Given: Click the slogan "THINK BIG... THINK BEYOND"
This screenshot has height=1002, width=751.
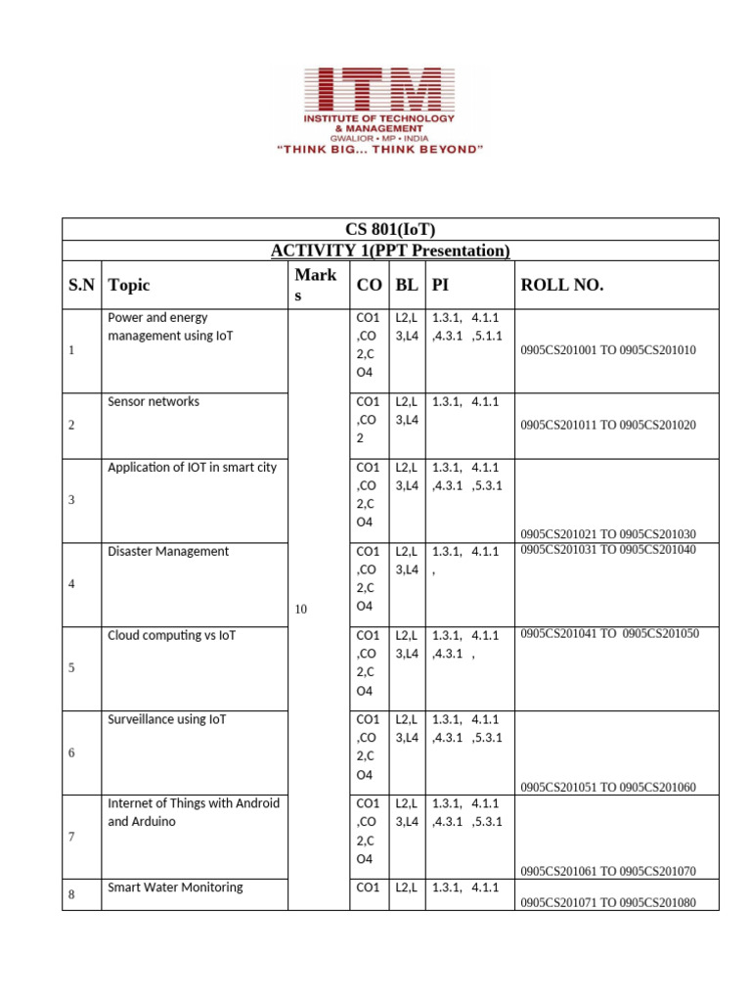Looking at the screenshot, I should click(x=379, y=150).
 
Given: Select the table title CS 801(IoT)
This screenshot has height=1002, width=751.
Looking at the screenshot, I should click(x=390, y=230).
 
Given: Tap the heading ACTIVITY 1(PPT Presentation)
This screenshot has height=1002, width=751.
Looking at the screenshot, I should click(x=390, y=251).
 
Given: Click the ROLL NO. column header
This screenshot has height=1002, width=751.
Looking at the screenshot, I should click(x=562, y=285).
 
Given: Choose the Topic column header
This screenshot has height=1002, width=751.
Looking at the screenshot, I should click(x=130, y=285).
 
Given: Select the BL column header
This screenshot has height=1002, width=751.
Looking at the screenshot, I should click(x=406, y=285).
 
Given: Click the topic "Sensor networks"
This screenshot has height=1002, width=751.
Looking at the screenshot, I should click(x=153, y=402).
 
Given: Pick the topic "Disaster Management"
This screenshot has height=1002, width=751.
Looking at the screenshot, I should click(x=168, y=552).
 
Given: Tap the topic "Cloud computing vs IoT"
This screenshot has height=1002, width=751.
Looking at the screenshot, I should click(x=172, y=636).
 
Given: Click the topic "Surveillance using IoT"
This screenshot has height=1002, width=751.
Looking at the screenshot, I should click(x=166, y=720).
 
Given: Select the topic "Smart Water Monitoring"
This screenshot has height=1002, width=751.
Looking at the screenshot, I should click(x=175, y=888).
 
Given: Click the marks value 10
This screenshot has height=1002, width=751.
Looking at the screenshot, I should click(x=300, y=610).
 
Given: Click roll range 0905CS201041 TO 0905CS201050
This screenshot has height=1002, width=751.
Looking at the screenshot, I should click(x=610, y=634).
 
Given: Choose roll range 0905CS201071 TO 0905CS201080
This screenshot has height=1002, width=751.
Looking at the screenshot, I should click(x=608, y=902).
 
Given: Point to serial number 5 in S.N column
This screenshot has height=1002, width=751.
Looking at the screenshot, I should click(x=72, y=668).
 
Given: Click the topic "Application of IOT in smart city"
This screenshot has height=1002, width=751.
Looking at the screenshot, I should click(x=192, y=468).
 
